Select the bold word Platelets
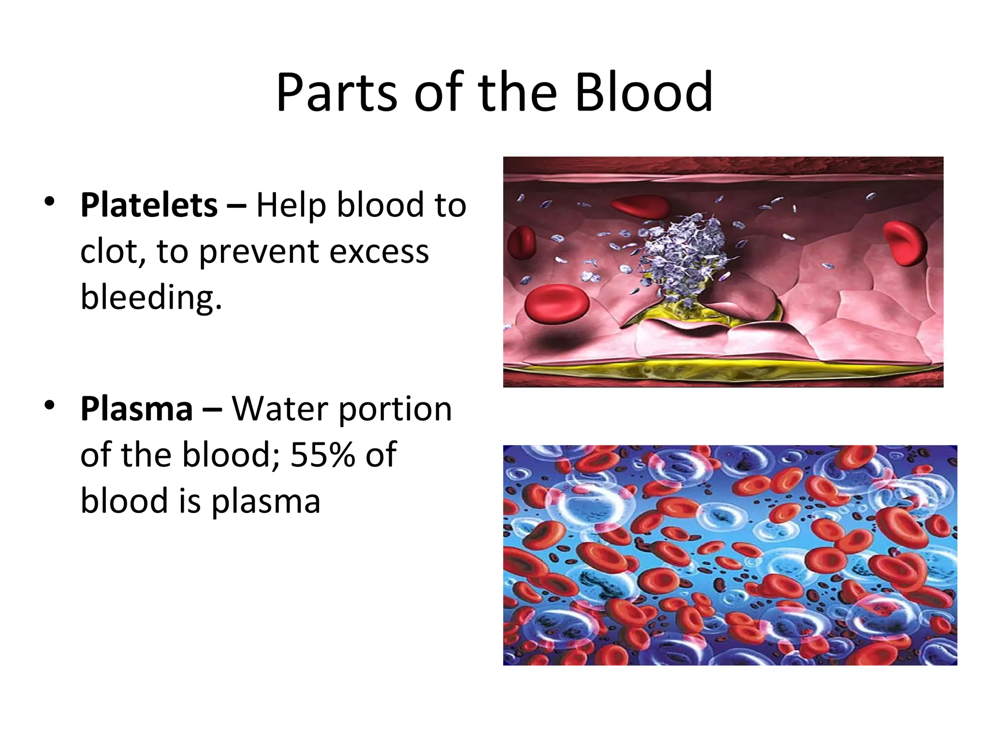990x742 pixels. click(149, 205)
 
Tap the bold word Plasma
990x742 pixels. click(137, 409)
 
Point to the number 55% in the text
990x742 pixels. click(322, 455)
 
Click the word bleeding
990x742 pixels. click(151, 297)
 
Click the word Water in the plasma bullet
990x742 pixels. click(280, 409)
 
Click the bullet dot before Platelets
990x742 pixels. click(49, 201)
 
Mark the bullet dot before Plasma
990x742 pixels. click(49, 405)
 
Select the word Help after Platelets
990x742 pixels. click(291, 205)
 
